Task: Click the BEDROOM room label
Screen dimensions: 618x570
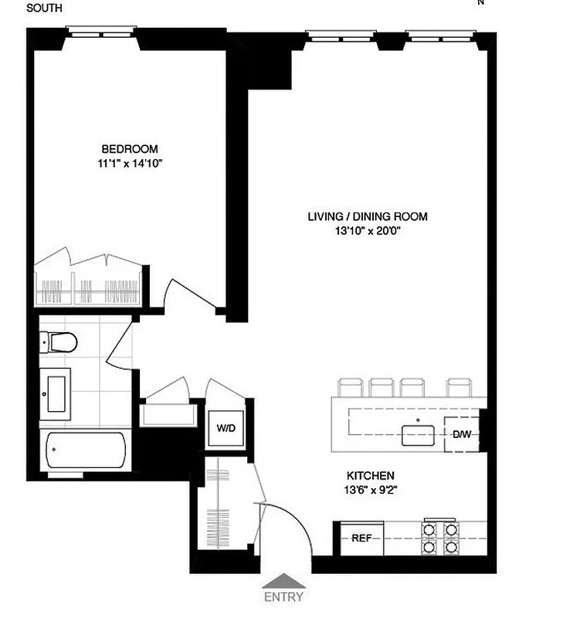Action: [129, 149]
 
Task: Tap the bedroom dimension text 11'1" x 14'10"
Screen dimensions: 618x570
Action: [129, 163]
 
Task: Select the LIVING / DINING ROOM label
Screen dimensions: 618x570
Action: [367, 217]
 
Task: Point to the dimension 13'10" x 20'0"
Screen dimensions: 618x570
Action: [367, 231]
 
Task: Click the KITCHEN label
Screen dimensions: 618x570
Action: [371, 475]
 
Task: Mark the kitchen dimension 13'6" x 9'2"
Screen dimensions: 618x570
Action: [371, 489]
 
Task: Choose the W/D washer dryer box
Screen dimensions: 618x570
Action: [226, 427]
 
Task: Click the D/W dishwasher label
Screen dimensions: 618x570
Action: [462, 434]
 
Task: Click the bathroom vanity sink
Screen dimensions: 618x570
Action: [56, 394]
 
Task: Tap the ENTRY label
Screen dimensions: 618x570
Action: [283, 596]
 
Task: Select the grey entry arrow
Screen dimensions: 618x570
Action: [283, 581]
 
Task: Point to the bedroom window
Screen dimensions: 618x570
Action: [101, 32]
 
